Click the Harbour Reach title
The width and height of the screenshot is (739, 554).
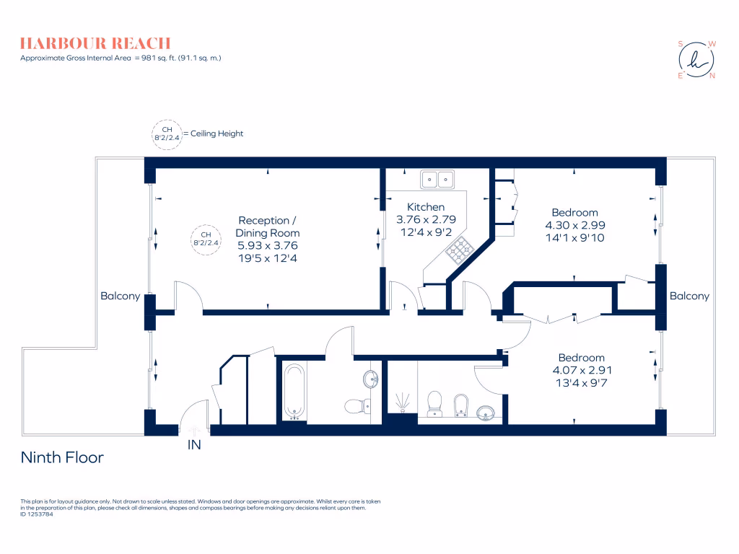(95, 43)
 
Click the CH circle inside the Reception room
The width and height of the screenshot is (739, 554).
(206, 239)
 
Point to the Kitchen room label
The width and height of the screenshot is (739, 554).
(426, 207)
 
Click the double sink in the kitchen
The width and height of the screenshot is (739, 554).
(437, 178)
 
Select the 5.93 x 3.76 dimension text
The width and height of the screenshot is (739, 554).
(268, 245)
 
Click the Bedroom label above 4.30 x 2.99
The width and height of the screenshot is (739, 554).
(574, 212)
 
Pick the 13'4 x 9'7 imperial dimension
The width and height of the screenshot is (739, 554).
(581, 382)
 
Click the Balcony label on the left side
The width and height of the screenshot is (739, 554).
(120, 296)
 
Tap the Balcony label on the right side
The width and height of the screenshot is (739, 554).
(689, 296)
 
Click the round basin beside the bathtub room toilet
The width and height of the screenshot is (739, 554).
(369, 379)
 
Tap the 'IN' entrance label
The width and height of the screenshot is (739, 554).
(194, 445)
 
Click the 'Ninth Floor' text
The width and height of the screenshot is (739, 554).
(62, 457)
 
